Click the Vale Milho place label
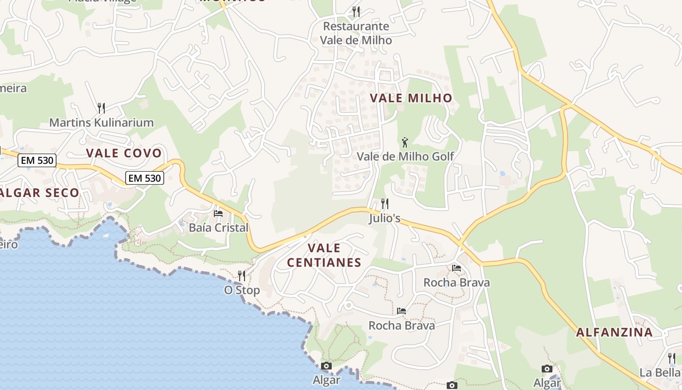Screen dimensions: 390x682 [411, 98]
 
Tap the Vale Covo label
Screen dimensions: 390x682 [124, 153]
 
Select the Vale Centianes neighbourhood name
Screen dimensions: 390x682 [324, 255]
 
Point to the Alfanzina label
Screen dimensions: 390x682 [614, 332]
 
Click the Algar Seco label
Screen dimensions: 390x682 [40, 193]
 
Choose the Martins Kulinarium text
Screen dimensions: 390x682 [101, 122]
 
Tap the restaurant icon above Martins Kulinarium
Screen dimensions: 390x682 [101, 108]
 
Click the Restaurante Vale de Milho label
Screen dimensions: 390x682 [356, 33]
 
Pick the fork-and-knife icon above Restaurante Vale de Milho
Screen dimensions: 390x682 [356, 11]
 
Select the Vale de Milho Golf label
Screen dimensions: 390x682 [405, 156]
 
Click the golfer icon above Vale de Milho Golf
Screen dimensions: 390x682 [405, 142]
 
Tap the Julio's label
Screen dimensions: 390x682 [385, 218]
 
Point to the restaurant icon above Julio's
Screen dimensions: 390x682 [385, 203]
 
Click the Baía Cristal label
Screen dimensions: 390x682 [219, 228]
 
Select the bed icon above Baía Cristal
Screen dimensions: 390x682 [218, 214]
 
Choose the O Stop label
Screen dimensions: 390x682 [242, 290]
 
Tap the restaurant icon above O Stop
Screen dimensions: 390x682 [241, 276]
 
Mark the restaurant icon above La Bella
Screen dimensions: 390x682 [672, 359]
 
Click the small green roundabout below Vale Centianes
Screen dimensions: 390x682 [348, 306]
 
